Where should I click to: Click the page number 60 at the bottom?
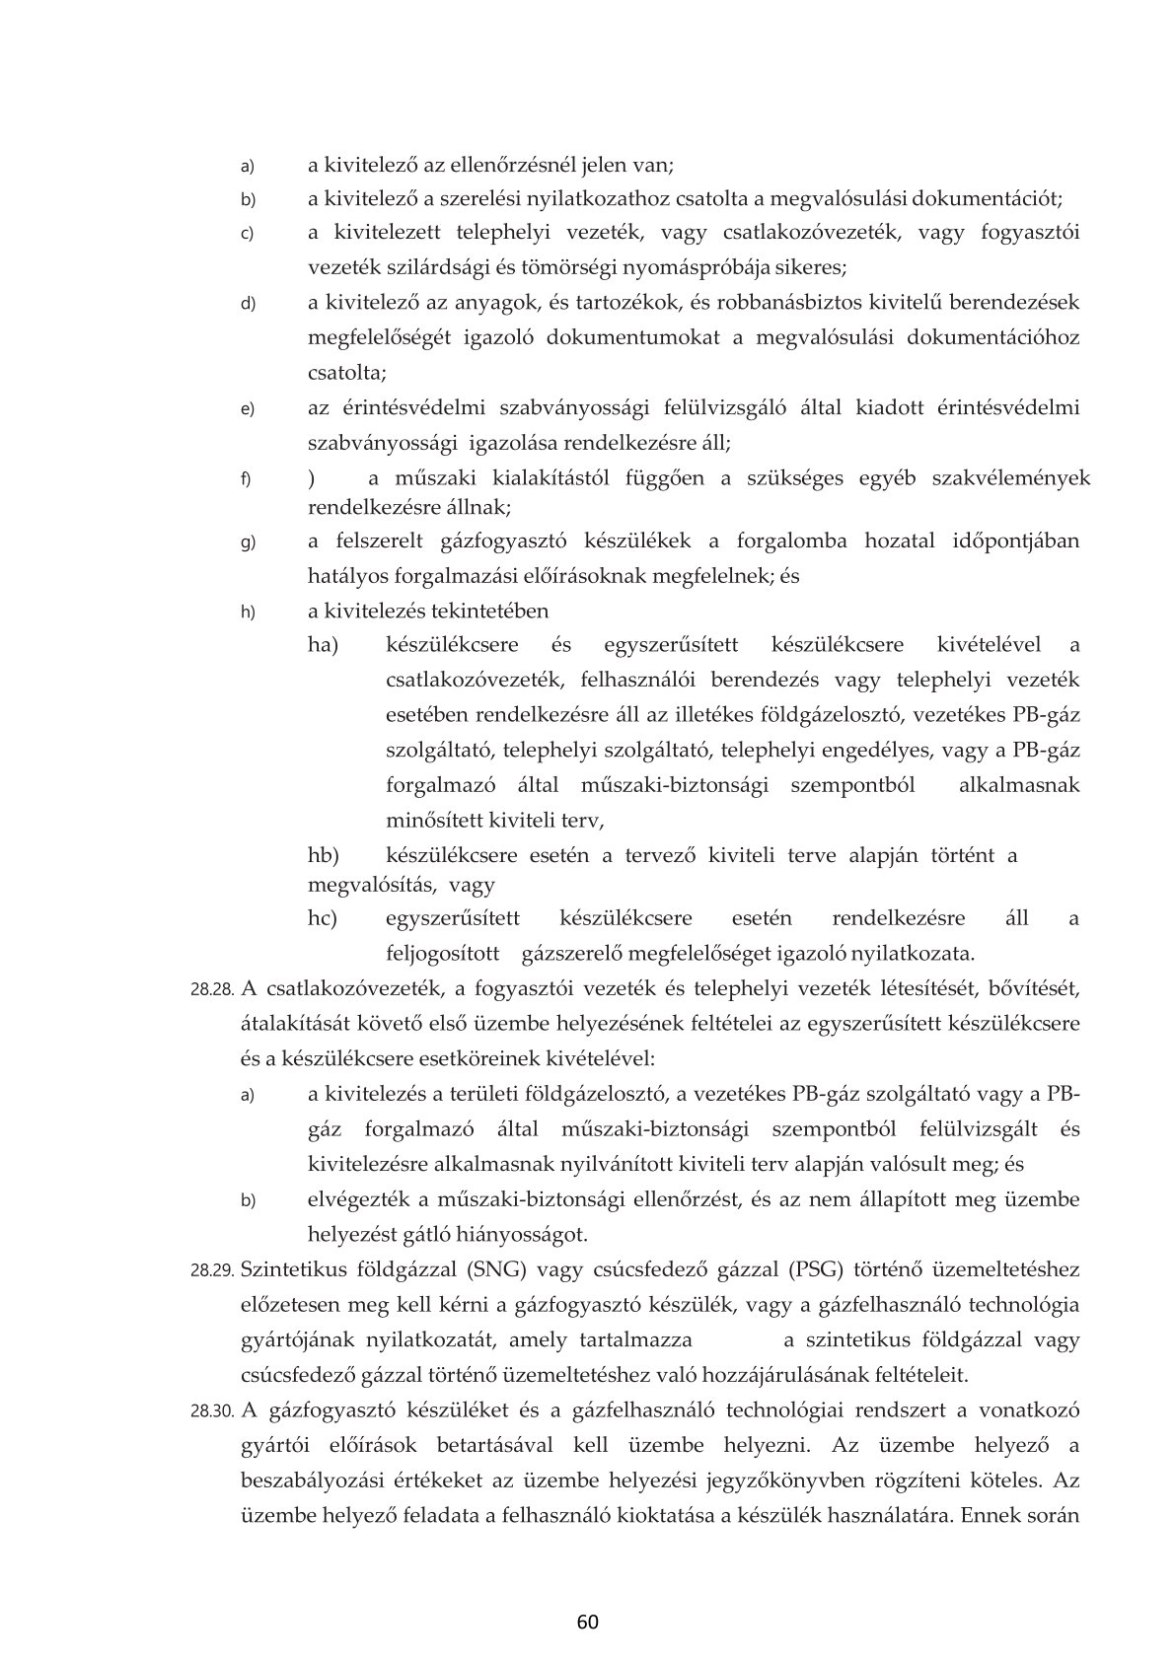tap(588, 1623)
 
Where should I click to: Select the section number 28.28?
tap(211, 989)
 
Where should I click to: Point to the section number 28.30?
tap(211, 1411)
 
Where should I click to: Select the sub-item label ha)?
tap(323, 645)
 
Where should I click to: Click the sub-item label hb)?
tap(323, 855)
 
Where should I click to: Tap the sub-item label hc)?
tap(323, 918)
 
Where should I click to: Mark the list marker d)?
tap(248, 303)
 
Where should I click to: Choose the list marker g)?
tap(248, 542)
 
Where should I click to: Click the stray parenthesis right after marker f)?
tap(312, 478)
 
